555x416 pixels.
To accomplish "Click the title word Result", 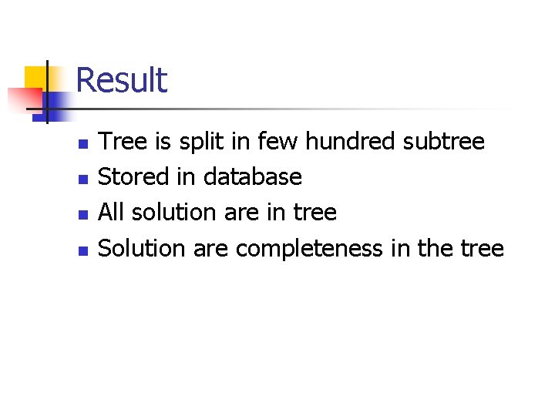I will [x=122, y=80].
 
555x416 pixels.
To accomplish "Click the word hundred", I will [x=349, y=141].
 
